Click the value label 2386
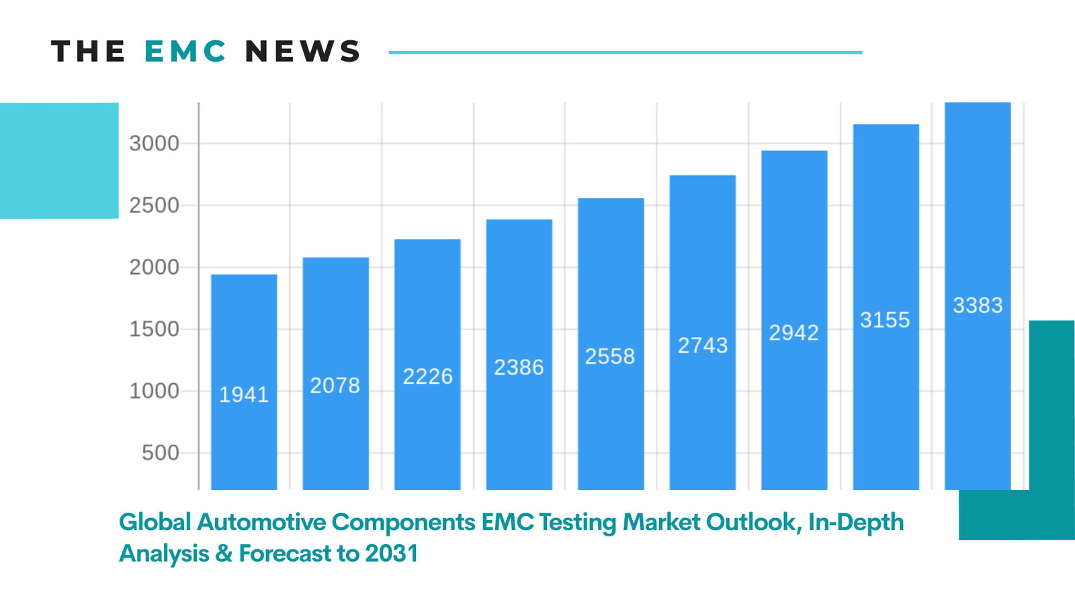519,368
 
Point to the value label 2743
703,346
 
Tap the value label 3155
885,320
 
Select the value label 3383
978,305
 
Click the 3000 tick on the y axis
155,143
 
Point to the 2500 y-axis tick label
155,205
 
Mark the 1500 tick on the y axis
155,329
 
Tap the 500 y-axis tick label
161,453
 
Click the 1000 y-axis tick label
155,391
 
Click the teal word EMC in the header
185,52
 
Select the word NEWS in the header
303,52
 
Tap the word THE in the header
88,52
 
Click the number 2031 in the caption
391,554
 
